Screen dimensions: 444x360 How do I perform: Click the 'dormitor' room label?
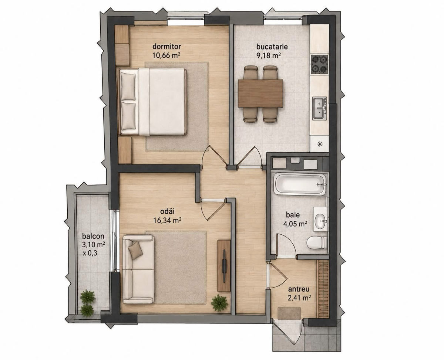click(x=166, y=47)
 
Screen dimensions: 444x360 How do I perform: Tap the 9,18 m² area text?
click(x=269, y=55)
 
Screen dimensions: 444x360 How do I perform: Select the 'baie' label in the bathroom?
click(x=293, y=214)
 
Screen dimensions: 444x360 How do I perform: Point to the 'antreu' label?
click(x=299, y=289)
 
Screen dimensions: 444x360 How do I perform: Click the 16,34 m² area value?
click(x=167, y=220)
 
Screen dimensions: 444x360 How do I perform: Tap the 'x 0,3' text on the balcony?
click(x=90, y=254)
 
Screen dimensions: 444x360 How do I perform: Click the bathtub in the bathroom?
click(x=300, y=184)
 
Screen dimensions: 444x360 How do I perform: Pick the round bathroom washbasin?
click(x=320, y=221)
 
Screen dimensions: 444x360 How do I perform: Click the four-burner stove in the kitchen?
click(x=319, y=65)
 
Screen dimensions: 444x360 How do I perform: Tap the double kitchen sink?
click(x=319, y=108)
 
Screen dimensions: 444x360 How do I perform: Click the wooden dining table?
click(x=260, y=93)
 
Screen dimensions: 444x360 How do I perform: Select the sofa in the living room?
click(x=138, y=269)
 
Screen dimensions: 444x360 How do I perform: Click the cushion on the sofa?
click(x=135, y=250)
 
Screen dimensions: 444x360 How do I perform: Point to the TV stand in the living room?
click(x=224, y=266)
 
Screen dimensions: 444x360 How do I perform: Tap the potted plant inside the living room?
click(x=219, y=303)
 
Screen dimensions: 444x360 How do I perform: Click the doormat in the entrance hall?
click(x=289, y=313)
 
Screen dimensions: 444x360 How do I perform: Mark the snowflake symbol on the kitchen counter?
click(x=320, y=144)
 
